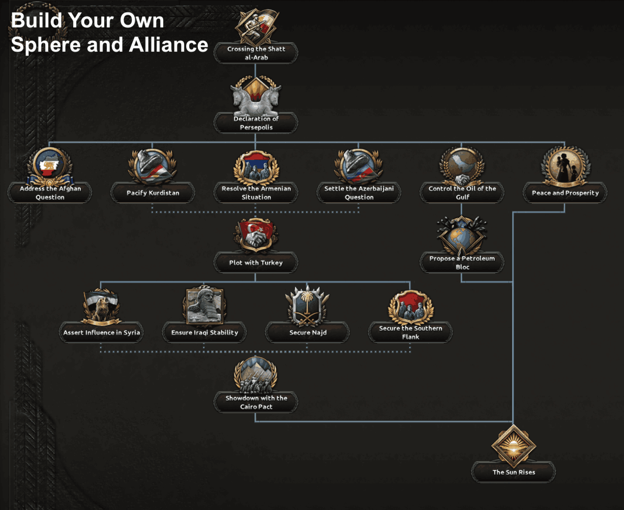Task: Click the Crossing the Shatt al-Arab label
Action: tap(256, 53)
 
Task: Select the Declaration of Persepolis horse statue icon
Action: tap(256, 96)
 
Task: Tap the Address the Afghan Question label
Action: tap(50, 193)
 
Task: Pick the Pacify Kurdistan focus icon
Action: tap(152, 167)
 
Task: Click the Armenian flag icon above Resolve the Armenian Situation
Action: tap(256, 167)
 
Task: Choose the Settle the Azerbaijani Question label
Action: tap(359, 193)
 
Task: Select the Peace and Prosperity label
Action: tap(565, 193)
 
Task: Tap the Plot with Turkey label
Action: tap(256, 263)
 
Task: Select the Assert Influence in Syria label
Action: tap(102, 333)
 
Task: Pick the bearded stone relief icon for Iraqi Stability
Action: tap(205, 306)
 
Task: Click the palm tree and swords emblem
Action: tap(307, 306)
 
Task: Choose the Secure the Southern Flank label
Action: tap(410, 333)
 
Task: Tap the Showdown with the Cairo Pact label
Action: tap(256, 402)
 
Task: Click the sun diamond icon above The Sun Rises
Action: tap(514, 446)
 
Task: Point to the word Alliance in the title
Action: tap(169, 45)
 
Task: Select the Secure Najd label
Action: tap(308, 333)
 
